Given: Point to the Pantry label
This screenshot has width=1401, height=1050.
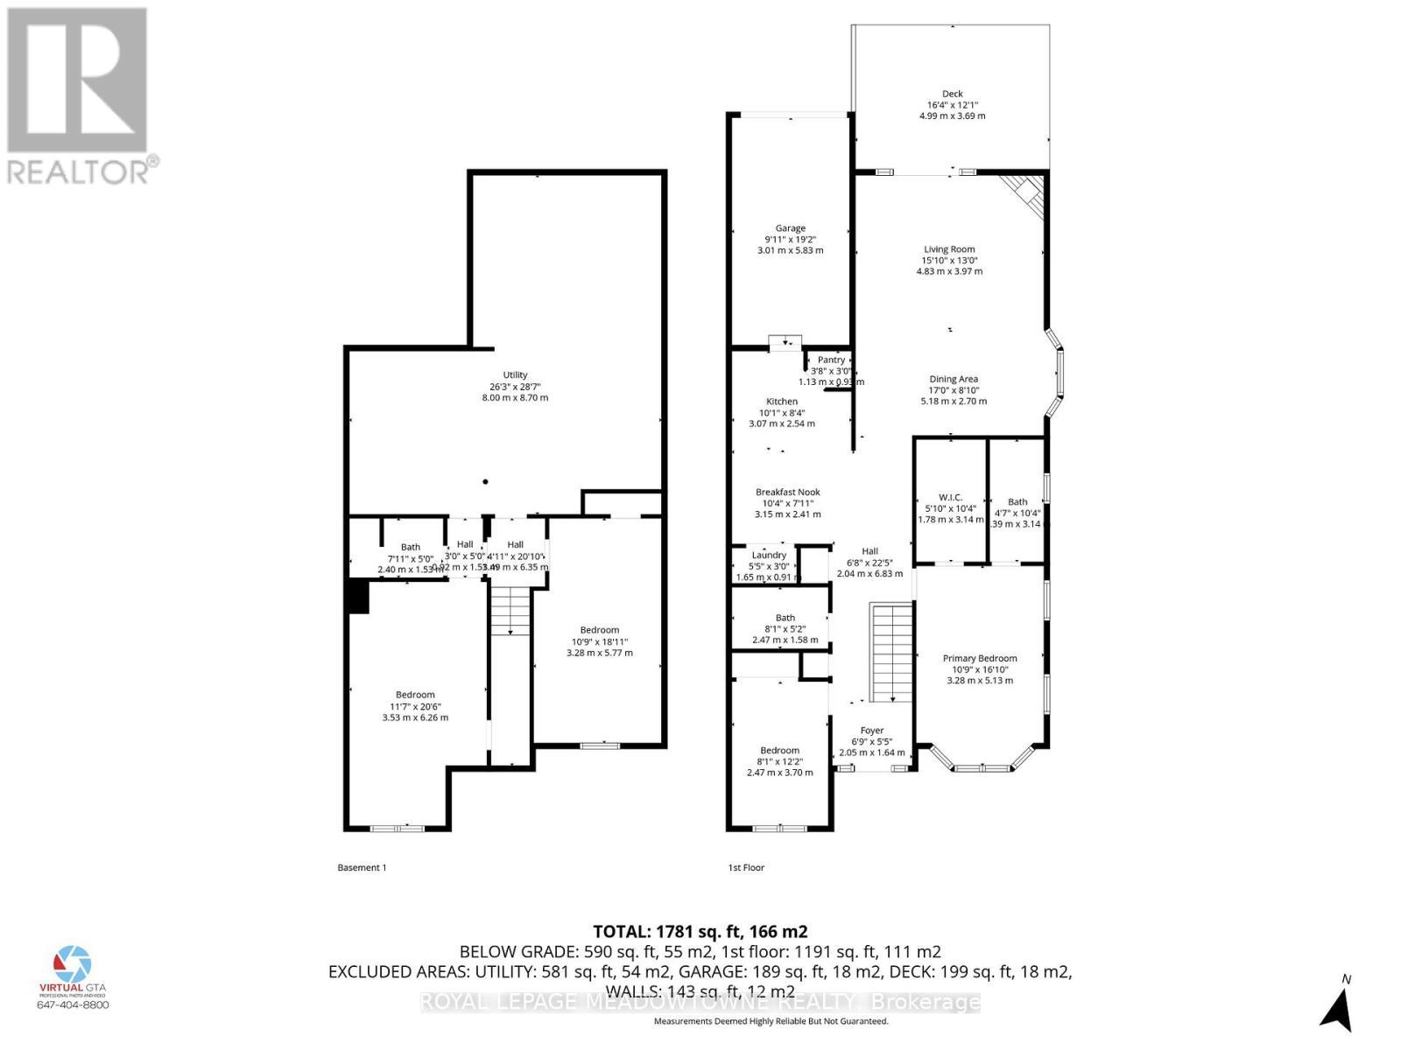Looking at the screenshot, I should point(831,360).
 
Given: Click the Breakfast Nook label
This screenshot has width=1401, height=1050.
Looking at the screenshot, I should point(787,493).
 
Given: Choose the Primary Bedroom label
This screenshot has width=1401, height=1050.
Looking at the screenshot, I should point(979,659).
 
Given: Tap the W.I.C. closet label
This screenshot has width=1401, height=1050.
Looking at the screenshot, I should point(950,498).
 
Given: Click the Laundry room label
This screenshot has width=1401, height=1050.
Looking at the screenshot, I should point(770,556).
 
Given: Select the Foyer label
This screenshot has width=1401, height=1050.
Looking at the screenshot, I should point(871,731).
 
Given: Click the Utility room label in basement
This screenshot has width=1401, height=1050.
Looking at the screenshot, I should point(515,376).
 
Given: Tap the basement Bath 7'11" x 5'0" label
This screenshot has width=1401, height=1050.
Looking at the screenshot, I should point(410,548).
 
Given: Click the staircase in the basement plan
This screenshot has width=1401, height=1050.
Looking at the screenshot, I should point(510,610).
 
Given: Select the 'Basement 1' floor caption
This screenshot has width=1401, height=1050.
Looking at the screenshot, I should point(362,868).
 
